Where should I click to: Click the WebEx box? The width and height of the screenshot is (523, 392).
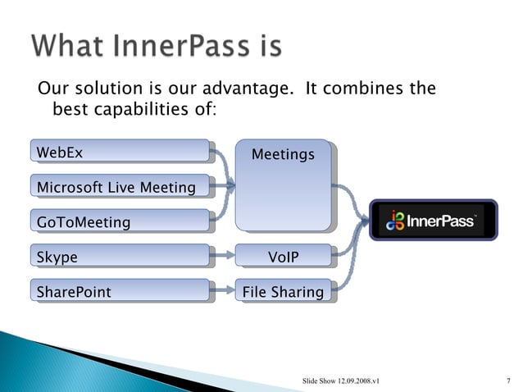120,152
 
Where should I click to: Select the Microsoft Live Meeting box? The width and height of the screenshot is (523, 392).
120,188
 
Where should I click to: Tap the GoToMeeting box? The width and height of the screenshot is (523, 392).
120,222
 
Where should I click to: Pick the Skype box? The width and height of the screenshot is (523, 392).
120,257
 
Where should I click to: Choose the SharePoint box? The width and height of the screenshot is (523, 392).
120,291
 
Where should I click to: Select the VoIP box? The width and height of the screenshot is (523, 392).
283,258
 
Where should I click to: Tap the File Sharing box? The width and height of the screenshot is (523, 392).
283,291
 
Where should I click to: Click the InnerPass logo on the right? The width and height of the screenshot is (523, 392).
432,219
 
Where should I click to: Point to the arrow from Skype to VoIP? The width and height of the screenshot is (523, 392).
222,257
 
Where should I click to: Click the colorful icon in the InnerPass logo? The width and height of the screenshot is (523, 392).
396,220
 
